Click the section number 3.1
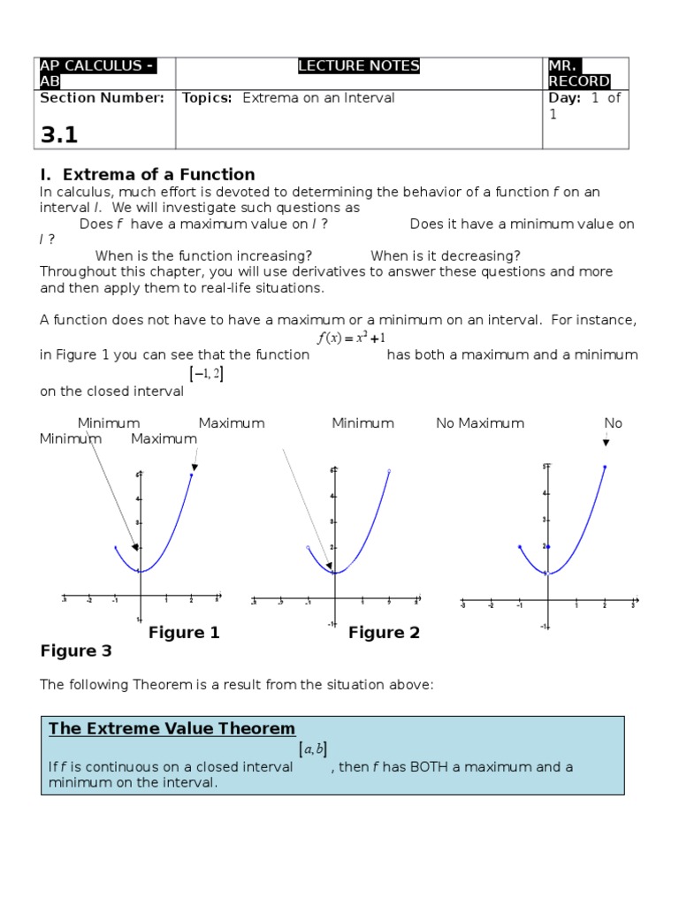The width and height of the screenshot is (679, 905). [59, 134]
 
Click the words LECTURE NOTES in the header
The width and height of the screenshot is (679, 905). [358, 66]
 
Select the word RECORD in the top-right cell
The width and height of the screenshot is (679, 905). [579, 81]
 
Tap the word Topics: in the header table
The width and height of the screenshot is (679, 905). [207, 98]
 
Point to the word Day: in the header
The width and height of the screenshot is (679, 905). [565, 98]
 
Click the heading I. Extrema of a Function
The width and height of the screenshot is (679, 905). [148, 174]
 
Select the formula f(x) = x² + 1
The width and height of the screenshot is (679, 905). [351, 338]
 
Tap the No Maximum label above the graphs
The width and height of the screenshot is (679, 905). [480, 423]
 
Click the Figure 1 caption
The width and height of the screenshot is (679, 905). [184, 633]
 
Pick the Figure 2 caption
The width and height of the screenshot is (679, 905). [384, 633]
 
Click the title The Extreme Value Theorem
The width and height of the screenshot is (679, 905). [172, 729]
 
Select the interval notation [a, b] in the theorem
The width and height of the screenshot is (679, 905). [313, 749]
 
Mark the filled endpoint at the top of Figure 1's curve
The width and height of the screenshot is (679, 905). [192, 475]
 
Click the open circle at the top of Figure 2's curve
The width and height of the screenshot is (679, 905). [389, 472]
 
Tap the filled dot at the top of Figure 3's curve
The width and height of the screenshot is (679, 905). [605, 467]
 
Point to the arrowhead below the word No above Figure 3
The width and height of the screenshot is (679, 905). [606, 442]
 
